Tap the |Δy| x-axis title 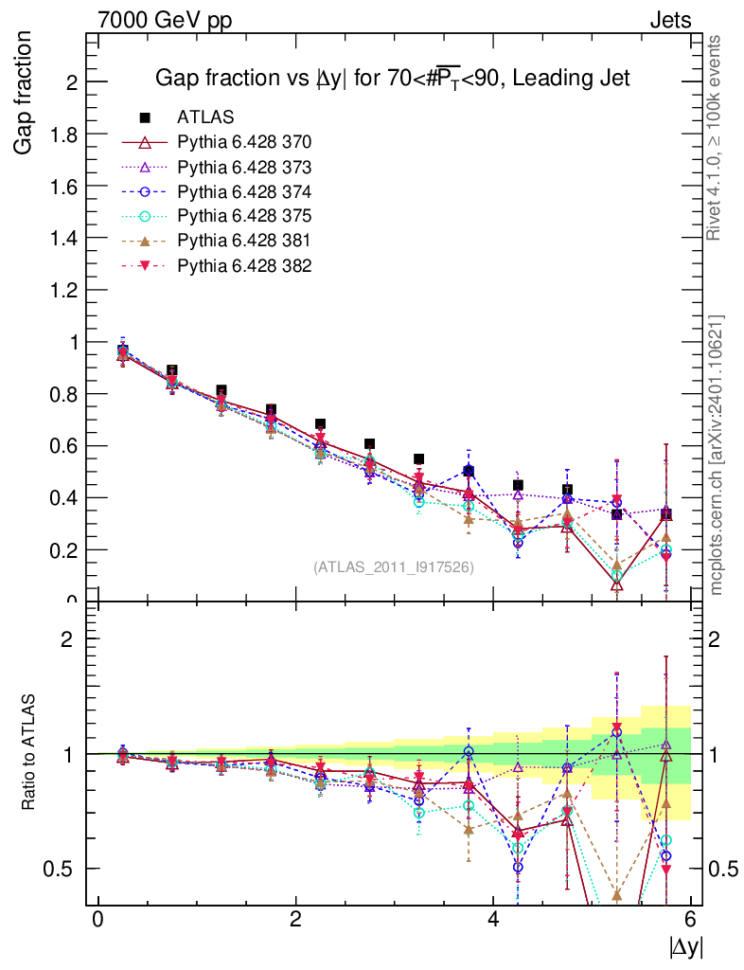click(686, 945)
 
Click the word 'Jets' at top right click(669, 20)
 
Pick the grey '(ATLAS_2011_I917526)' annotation click(394, 567)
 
